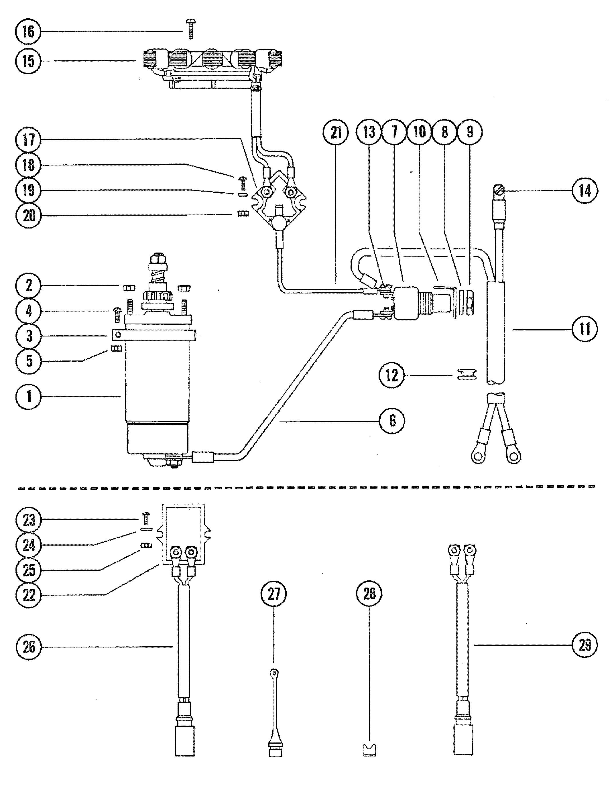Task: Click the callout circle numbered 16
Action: pos(28,32)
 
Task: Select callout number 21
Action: pos(336,133)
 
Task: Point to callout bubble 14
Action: pos(585,190)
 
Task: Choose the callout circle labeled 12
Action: pos(392,376)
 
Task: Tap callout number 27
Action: pos(274,594)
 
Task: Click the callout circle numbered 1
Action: pos(29,396)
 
